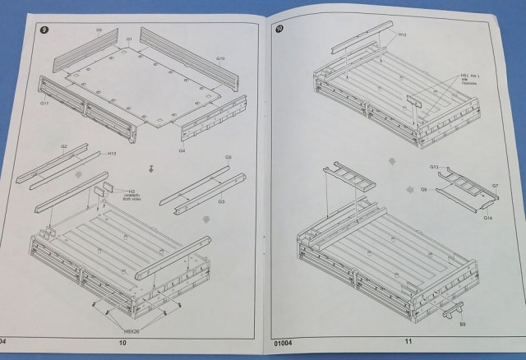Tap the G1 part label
pos(129,39)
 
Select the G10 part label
pos(220,58)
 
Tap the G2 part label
pos(63,145)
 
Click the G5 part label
pos(228,157)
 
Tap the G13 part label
pos(433,167)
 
